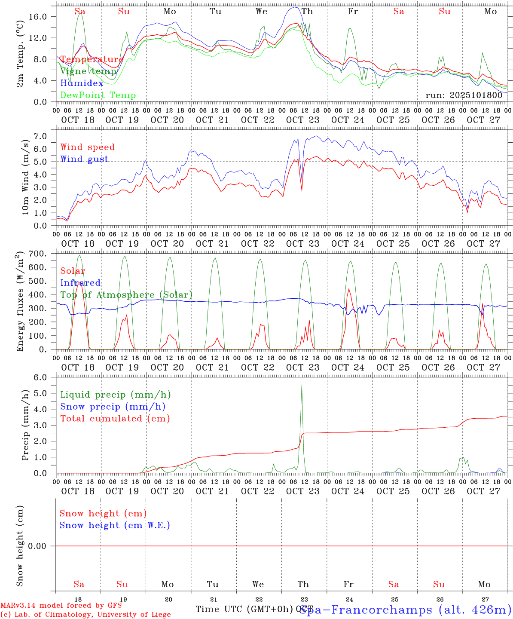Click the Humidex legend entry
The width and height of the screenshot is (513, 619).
pos(82,83)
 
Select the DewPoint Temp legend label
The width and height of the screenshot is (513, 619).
pos(98,95)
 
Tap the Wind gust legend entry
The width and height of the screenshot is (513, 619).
pos(84,159)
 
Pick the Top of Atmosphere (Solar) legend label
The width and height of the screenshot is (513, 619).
pos(126,295)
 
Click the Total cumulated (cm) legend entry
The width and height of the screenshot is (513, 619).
pos(115,418)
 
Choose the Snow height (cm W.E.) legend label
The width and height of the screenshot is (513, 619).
pos(115,525)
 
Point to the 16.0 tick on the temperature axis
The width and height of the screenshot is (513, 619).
pos(42,16)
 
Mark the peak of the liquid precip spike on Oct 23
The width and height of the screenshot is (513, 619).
pos(302,385)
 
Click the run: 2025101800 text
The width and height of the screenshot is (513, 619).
pos(464,95)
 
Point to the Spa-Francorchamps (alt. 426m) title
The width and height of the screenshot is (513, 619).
pos(405,610)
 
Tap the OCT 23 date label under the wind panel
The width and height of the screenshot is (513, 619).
pos(303,244)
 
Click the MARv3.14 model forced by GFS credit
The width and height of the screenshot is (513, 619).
pos(61,605)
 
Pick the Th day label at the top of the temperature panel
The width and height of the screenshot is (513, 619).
pos(307,12)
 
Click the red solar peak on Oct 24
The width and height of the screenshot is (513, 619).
pos(348,288)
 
